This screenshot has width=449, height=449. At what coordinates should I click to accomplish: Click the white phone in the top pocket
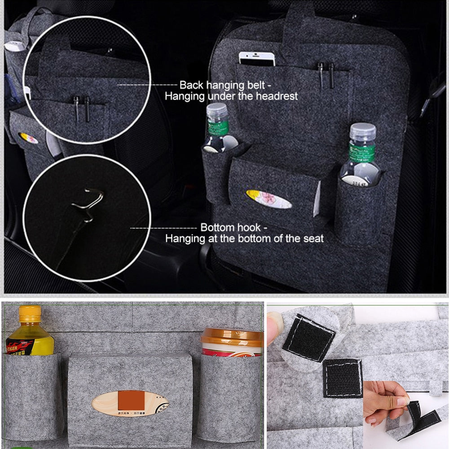coord(256,59)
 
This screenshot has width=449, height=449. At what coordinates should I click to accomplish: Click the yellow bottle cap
coord(30,313)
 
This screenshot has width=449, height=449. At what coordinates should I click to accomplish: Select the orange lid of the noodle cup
coord(232,337)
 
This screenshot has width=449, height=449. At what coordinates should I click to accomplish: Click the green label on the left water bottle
coord(218,128)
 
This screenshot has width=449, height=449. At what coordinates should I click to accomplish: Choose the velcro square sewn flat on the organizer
coord(343,378)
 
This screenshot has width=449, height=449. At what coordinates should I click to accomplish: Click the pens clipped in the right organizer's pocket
coord(326,74)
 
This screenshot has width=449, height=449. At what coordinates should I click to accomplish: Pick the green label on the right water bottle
coord(362,153)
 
